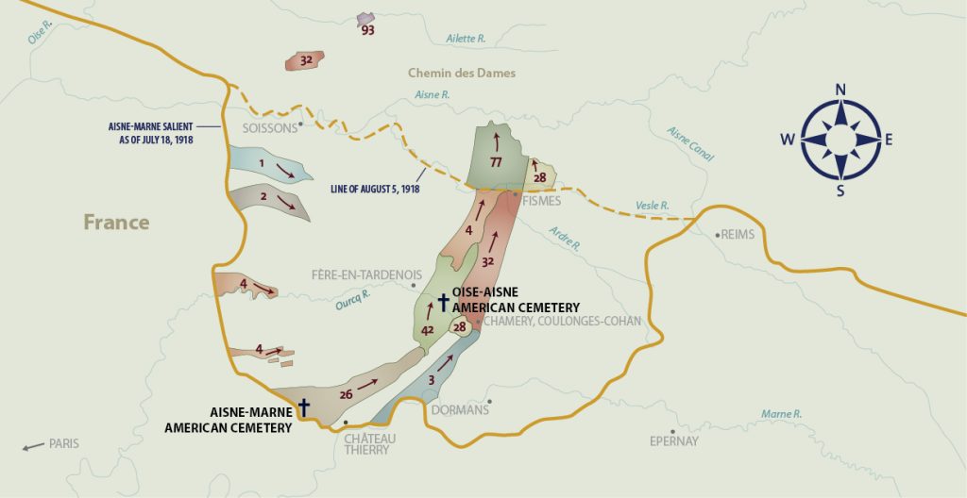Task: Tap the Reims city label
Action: (x=738, y=235)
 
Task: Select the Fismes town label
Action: (x=542, y=201)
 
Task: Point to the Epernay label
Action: (x=674, y=440)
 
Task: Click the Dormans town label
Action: (x=460, y=410)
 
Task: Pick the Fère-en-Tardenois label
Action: (x=365, y=275)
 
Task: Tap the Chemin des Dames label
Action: (x=462, y=73)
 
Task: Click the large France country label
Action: (x=116, y=223)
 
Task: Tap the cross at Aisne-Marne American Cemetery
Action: (x=304, y=406)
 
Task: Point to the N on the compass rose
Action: (x=840, y=91)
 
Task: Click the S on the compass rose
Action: (x=840, y=191)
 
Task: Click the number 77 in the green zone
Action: (x=495, y=163)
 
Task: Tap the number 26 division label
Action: (x=346, y=393)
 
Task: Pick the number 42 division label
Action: (x=427, y=329)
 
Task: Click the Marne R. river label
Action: (x=781, y=414)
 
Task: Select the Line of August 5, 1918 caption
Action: (x=375, y=189)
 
